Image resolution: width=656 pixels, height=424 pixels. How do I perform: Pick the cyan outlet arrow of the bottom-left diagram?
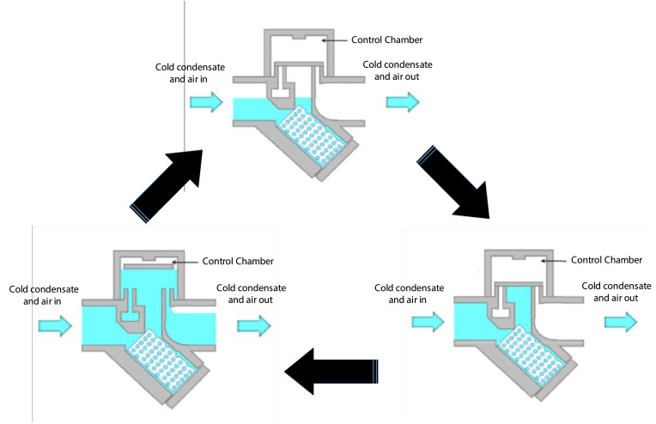pyautogui.click(x=254, y=325)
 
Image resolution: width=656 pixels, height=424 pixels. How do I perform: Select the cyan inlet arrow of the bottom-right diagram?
pyautogui.click(x=428, y=320)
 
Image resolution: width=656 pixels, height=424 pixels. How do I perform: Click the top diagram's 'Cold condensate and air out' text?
pyautogui.click(x=398, y=70)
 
